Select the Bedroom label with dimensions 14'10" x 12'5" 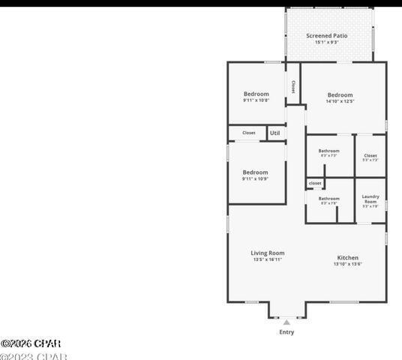(340, 95)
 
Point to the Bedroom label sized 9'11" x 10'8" (256, 94)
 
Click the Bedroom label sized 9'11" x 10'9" (255, 172)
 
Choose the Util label (275, 133)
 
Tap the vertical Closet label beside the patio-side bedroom (292, 86)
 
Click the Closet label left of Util (248, 133)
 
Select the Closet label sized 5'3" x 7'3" (370, 156)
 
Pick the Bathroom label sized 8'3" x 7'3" (328, 151)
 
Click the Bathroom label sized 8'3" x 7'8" (328, 199)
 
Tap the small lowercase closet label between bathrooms (315, 183)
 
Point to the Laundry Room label (370, 199)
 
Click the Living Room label (267, 253)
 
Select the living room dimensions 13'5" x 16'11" (267, 260)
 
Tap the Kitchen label (347, 257)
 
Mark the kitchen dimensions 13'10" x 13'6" (347, 264)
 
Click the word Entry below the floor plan (286, 331)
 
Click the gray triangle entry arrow (286, 322)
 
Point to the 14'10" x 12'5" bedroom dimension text (340, 102)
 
